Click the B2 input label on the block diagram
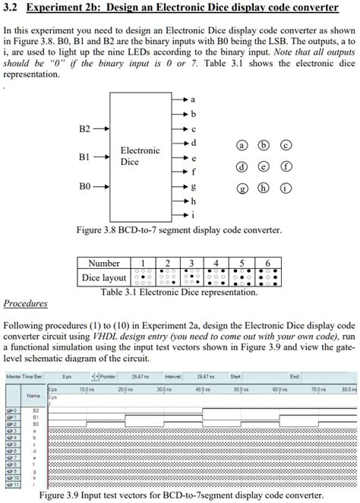[85, 129]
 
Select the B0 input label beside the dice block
[85, 185]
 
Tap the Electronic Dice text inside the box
[140, 156]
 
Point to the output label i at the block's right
[193, 214]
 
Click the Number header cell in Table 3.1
[104, 263]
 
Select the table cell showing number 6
[267, 263]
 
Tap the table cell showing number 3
[191, 263]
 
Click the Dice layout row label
[104, 277]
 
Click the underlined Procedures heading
[25, 304]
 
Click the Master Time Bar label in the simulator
[24, 377]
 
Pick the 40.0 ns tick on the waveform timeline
[201, 389]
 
